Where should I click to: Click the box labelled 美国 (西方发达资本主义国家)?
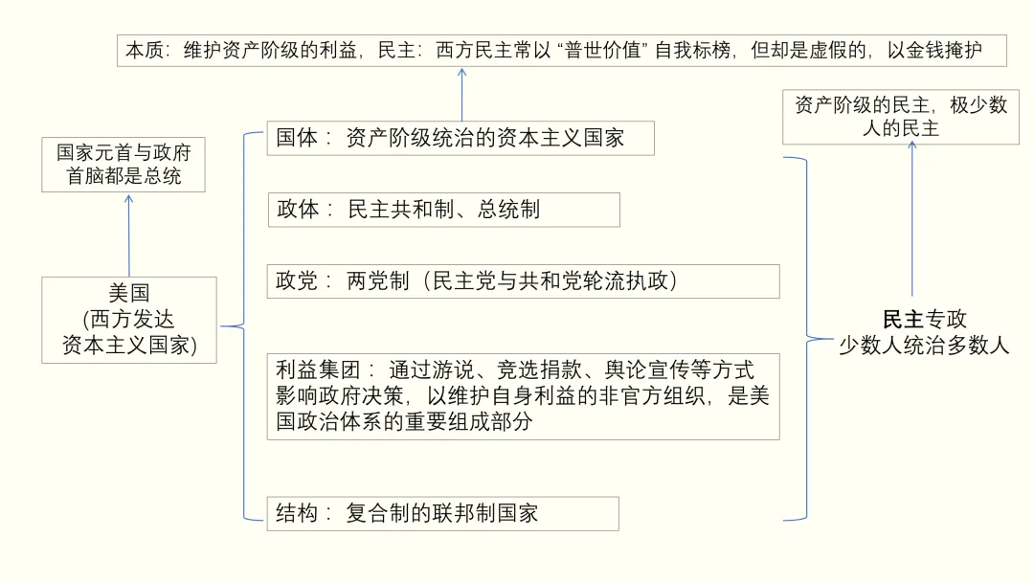[x=129, y=320]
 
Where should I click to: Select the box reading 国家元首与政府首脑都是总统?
[x=124, y=165]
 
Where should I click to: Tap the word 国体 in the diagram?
[x=298, y=138]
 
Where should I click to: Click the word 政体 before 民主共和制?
[x=298, y=210]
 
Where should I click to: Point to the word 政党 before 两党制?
[x=298, y=281]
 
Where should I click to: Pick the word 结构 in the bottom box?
[x=298, y=513]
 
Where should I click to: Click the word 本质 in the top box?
[x=146, y=50]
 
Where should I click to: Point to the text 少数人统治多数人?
[x=924, y=346]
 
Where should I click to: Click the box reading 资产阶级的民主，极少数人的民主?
[x=900, y=117]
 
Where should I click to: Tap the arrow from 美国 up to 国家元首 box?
[x=129, y=235]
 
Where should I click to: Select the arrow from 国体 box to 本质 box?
[x=461, y=94]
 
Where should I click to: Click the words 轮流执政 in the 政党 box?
[x=633, y=281]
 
